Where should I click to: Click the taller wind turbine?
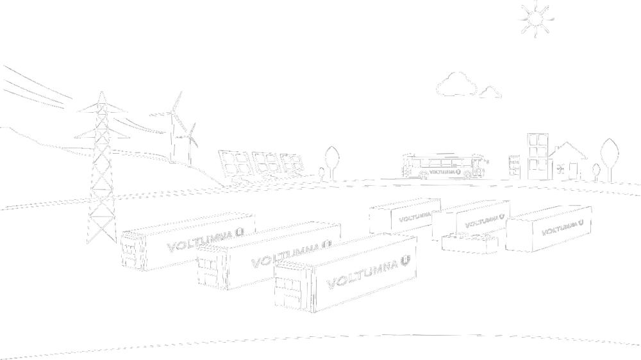172,125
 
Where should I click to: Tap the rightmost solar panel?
291,162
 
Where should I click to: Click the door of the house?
572,170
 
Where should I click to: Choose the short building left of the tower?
514,167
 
